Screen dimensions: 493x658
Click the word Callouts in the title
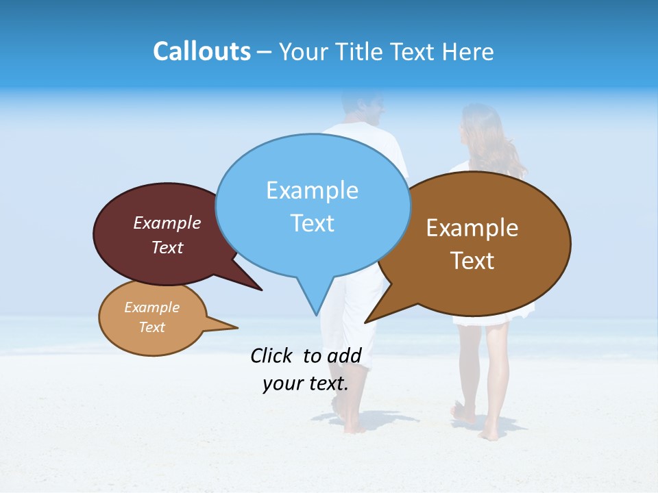(202, 51)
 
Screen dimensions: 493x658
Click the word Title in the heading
(361, 52)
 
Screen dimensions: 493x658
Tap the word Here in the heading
(467, 52)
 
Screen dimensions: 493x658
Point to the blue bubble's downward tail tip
(317, 314)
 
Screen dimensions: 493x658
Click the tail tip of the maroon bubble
(261, 290)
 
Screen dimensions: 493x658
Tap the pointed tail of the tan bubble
(236, 327)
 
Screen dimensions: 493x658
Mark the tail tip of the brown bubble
(366, 322)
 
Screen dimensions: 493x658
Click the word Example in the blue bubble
(312, 190)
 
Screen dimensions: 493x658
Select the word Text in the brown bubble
(472, 261)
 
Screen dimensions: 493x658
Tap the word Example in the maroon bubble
(167, 223)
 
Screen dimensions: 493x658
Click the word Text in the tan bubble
(152, 327)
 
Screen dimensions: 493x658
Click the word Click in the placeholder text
(271, 355)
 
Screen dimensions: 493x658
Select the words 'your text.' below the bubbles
(306, 383)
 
